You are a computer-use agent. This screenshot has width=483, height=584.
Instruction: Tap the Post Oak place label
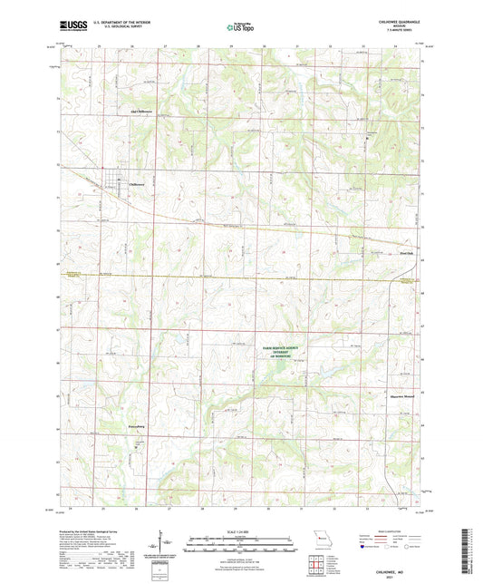pyautogui.click(x=406, y=255)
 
